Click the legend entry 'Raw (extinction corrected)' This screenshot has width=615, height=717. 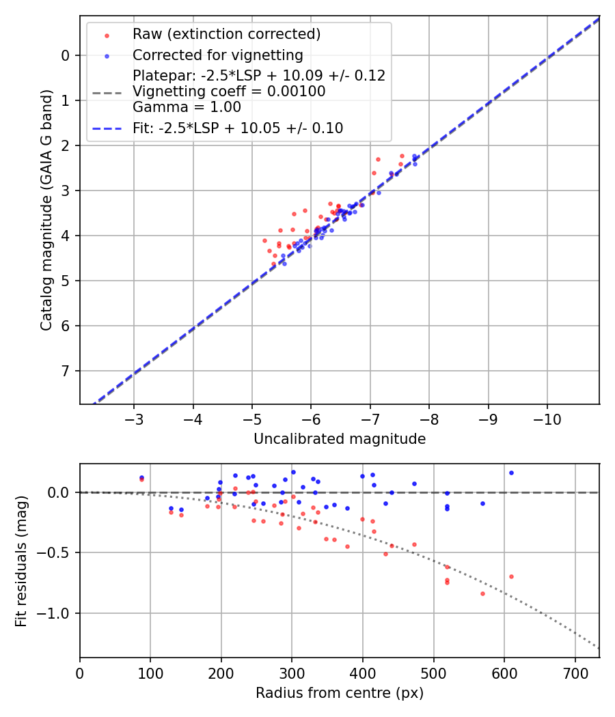[226, 34]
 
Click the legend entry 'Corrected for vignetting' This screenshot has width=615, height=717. [217, 55]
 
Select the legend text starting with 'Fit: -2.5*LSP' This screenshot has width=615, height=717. [238, 128]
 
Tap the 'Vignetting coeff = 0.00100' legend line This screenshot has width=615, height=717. [229, 91]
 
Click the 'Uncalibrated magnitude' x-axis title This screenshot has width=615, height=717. [340, 439]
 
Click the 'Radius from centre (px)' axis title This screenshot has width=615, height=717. [340, 693]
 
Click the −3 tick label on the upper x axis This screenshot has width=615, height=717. [134, 417]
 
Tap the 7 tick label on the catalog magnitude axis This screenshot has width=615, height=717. [66, 371]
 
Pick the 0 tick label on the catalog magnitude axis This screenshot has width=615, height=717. [66, 55]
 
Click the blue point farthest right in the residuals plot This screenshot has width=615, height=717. [511, 473]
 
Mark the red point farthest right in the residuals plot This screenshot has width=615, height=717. [511, 576]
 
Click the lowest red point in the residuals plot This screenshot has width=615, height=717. [482, 593]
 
